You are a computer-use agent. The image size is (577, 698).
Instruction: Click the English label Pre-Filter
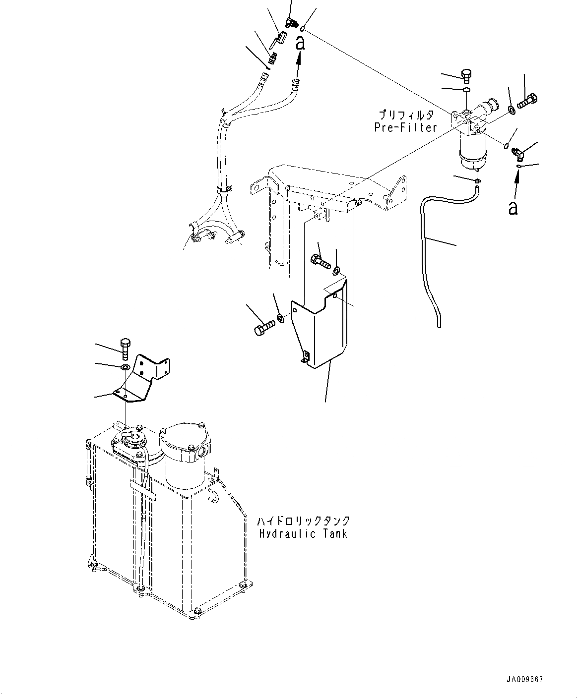[405, 127]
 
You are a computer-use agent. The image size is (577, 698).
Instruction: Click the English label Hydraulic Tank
[303, 533]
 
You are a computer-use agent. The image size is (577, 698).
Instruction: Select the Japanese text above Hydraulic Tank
[303, 521]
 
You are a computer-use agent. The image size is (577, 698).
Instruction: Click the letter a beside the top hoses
[300, 43]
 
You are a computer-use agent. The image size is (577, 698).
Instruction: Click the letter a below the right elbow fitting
[513, 207]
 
